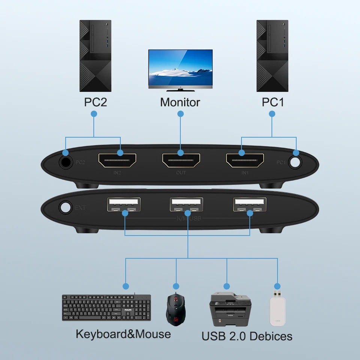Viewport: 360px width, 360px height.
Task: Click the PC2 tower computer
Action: tap(95, 56)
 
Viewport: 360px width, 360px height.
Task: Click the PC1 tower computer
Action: tap(272, 56)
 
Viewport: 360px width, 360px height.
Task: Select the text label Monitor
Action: tap(180, 102)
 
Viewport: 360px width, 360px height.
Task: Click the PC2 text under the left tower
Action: tap(95, 102)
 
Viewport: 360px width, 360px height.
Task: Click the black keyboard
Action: tap(106, 307)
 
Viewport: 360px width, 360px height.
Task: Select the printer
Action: tap(230, 310)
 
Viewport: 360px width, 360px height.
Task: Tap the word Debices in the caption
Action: tap(270, 336)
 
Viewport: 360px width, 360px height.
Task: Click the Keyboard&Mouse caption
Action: tap(123, 334)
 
